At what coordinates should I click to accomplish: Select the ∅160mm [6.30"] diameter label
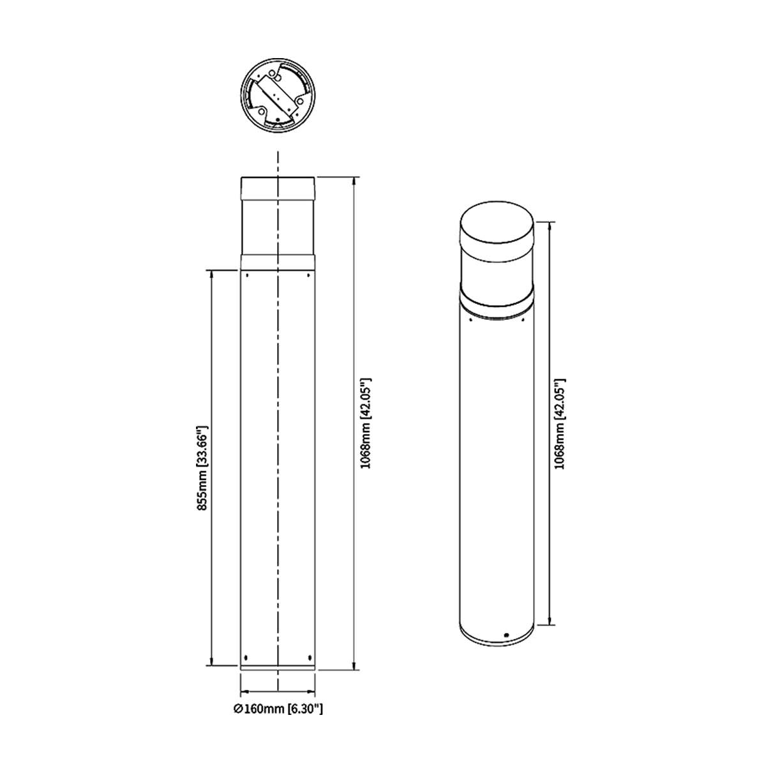click(278, 709)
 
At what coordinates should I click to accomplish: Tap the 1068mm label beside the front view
click(365, 423)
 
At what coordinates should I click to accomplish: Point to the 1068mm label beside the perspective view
click(559, 424)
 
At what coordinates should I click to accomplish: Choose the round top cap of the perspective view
click(497, 230)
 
